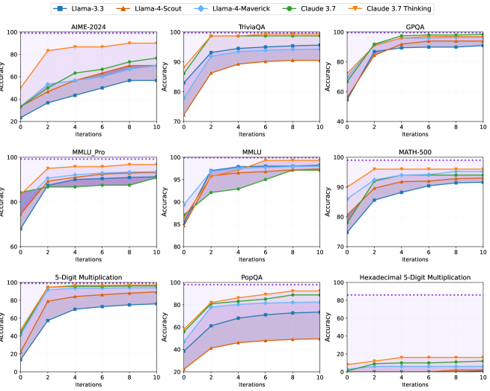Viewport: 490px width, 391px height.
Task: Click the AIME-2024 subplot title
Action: pos(88,27)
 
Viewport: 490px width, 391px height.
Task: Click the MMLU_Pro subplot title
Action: pos(88,152)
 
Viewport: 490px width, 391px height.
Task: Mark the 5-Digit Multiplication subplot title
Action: pos(88,277)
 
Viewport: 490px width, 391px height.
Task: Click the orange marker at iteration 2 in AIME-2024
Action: pos(48,51)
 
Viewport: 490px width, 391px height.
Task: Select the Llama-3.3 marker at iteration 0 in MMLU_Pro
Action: pos(21,228)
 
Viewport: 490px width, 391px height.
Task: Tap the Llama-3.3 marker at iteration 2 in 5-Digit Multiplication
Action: pos(48,321)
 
